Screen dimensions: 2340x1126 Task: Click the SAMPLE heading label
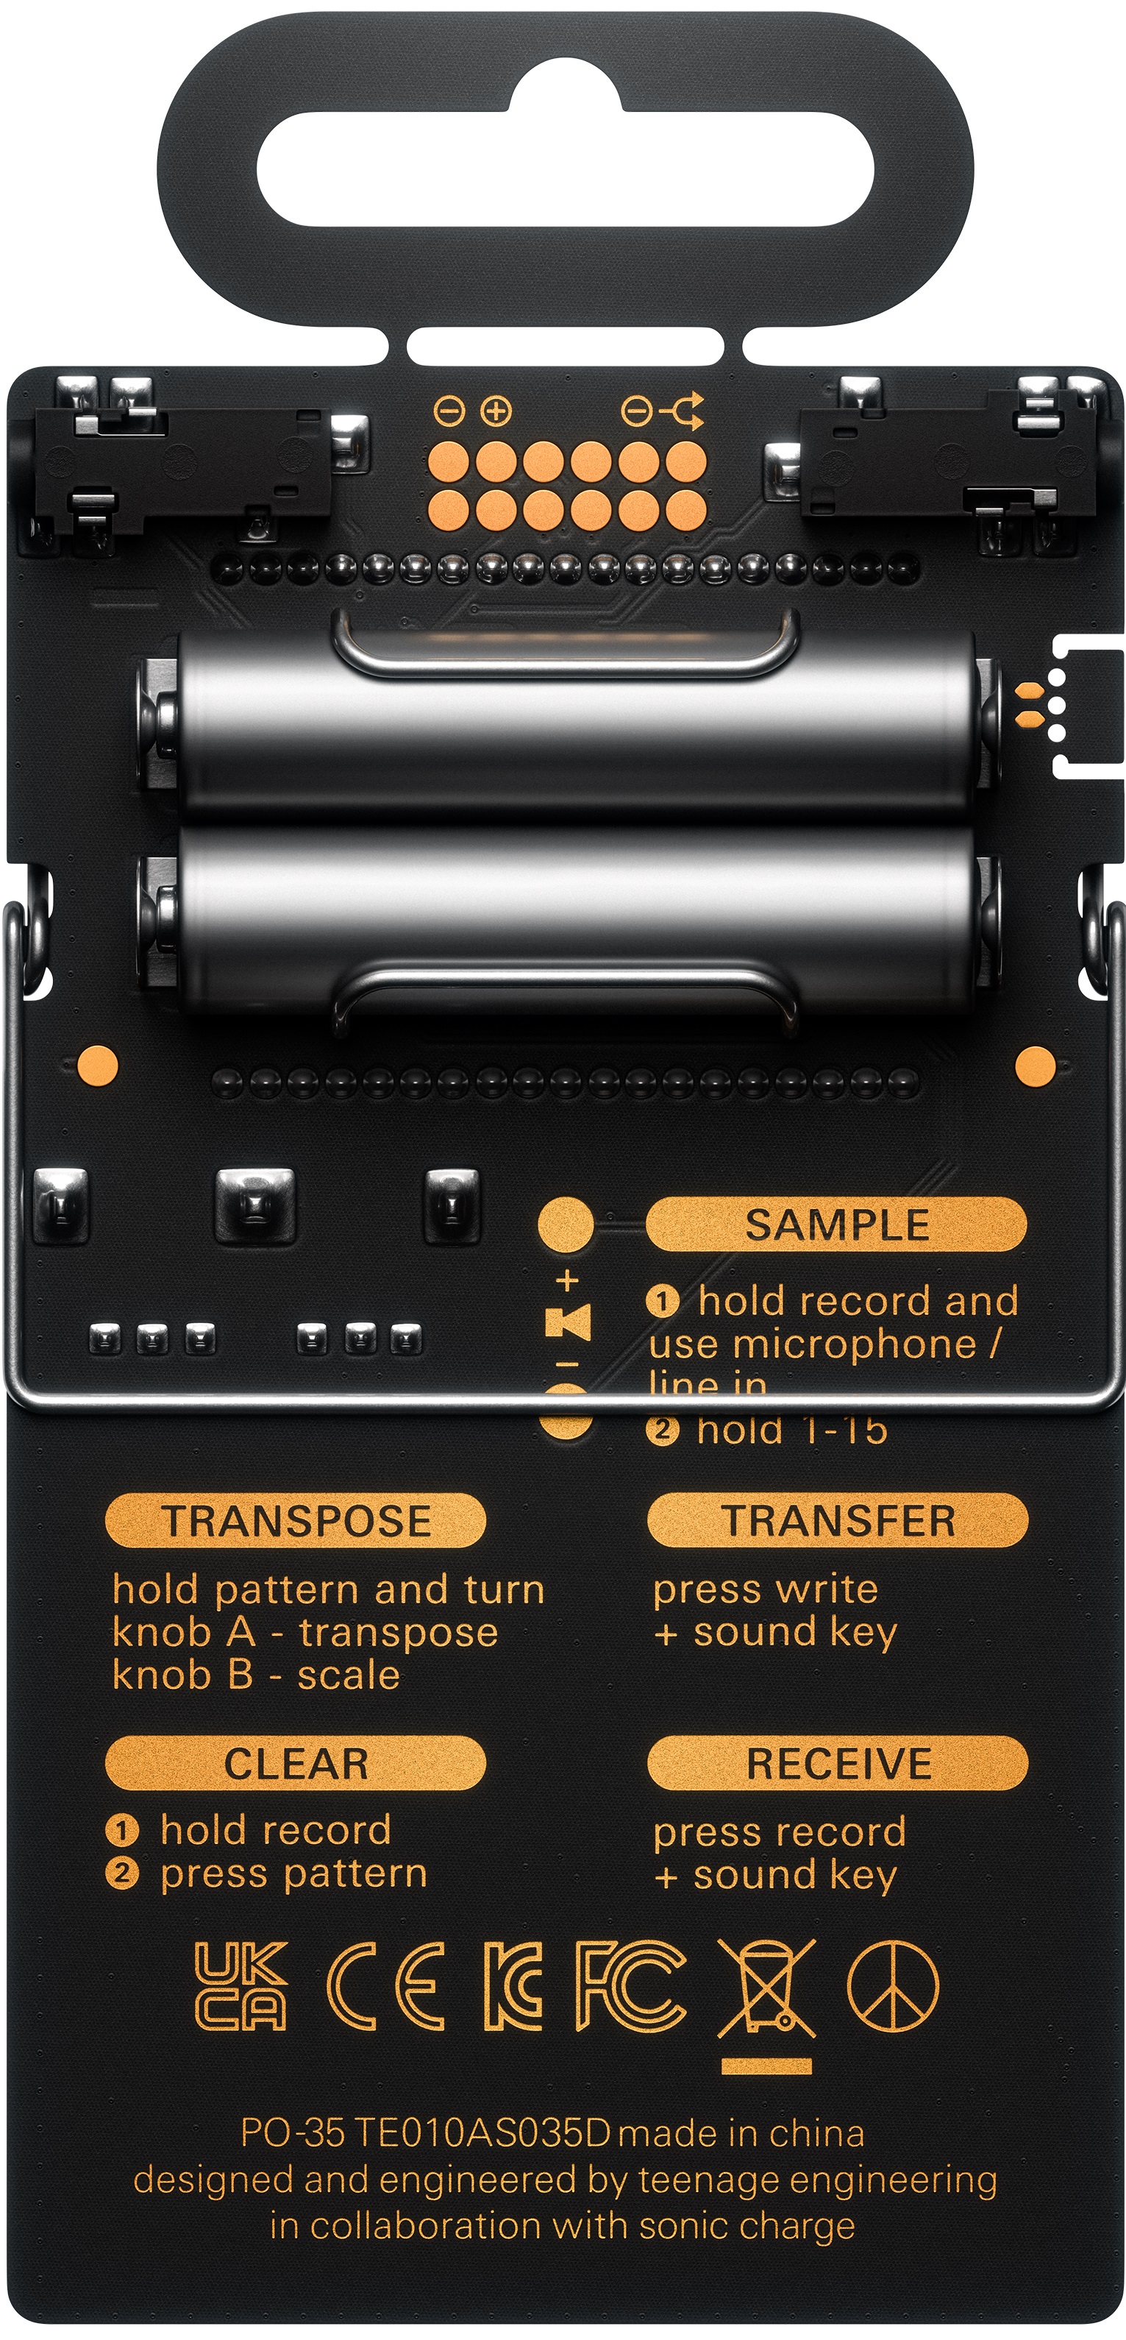836,1224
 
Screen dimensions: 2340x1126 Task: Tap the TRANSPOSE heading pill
296,1521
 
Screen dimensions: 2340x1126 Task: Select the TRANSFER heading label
837,1521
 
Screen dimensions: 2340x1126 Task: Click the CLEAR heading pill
296,1764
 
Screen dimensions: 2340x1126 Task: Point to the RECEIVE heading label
837,1764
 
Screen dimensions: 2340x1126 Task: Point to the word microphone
855,1344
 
